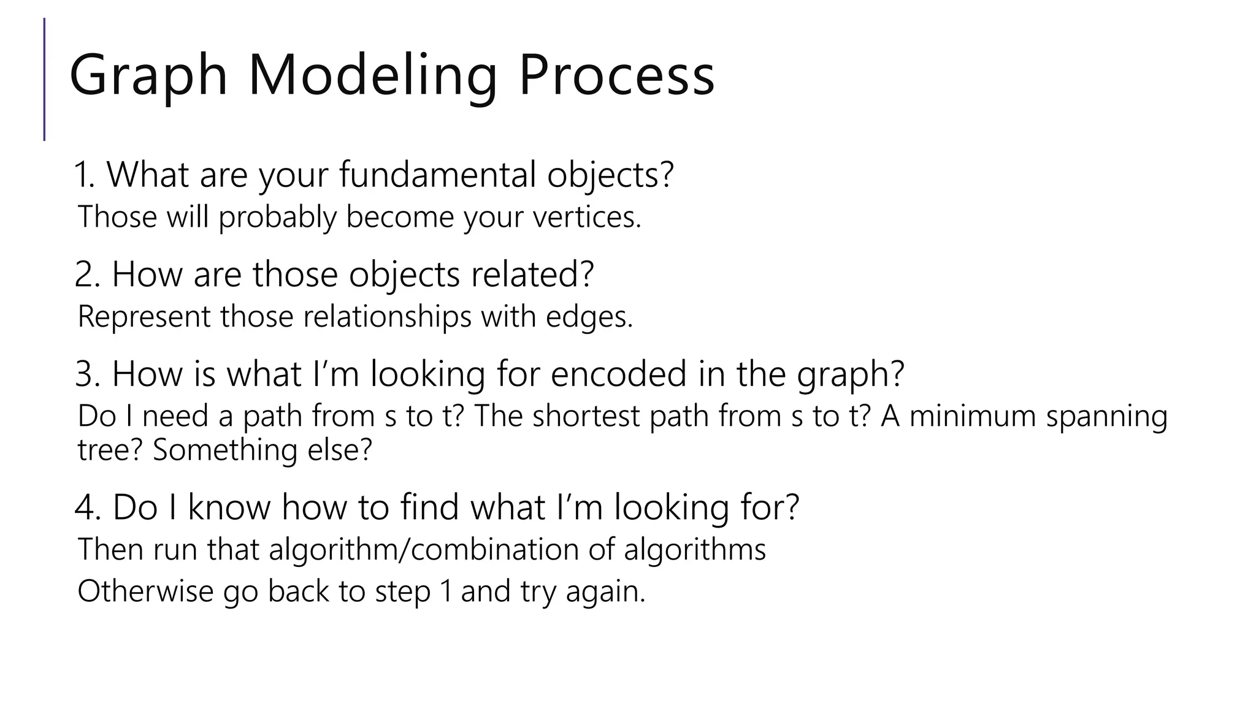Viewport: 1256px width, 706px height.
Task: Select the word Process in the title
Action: [x=616, y=77]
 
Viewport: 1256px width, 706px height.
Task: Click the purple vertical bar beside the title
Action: [x=44, y=80]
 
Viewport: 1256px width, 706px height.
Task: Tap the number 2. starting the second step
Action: [x=86, y=275]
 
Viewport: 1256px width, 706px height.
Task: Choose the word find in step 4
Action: [x=429, y=507]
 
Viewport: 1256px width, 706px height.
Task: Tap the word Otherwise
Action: [x=145, y=592]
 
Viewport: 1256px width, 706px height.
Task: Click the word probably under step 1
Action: [x=277, y=217]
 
